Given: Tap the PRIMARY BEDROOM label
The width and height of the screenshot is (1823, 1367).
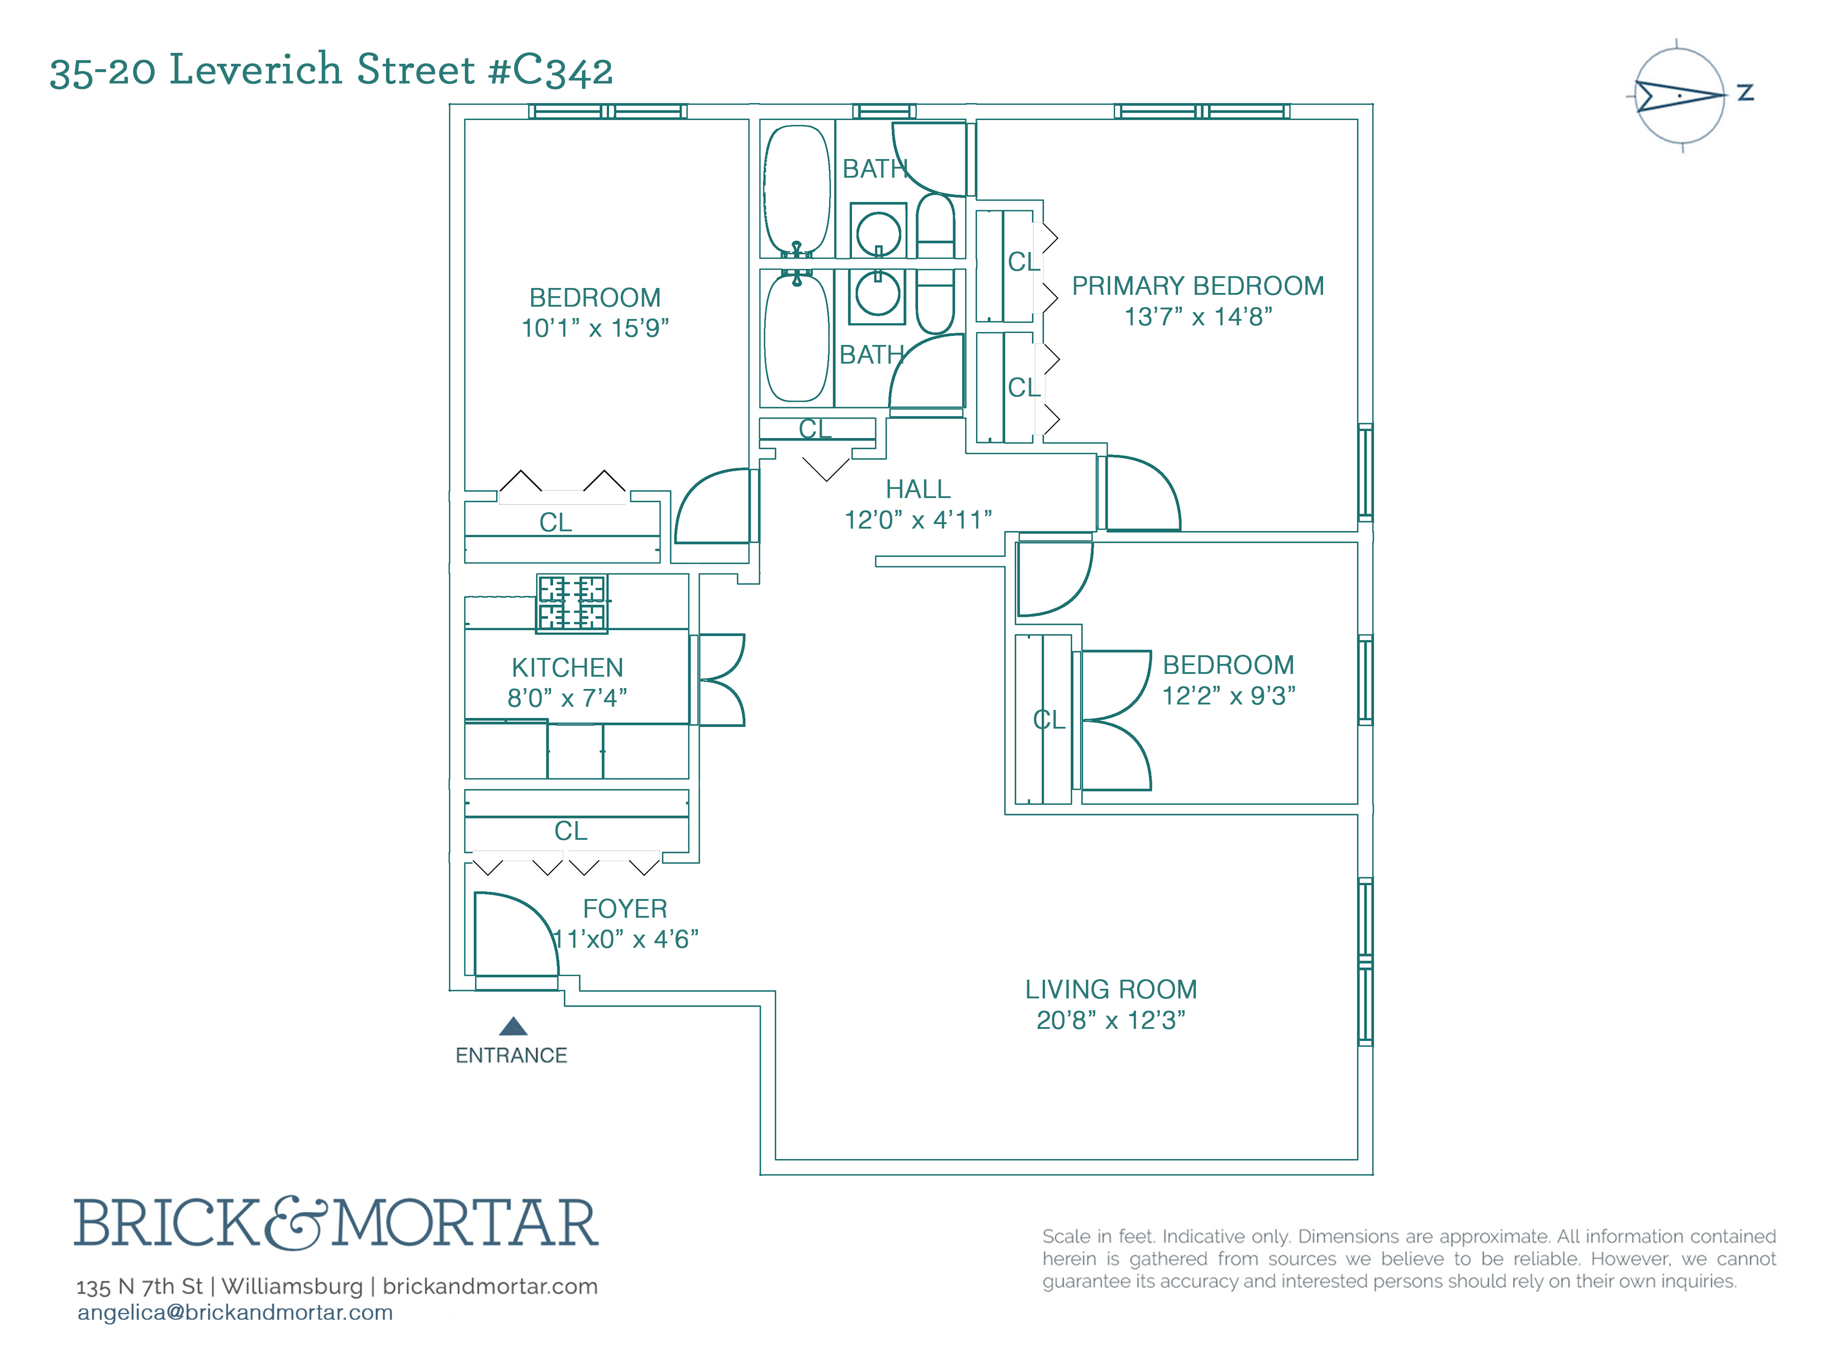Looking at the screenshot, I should click(x=1197, y=286).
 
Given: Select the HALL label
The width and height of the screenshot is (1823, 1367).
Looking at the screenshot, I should click(x=917, y=489).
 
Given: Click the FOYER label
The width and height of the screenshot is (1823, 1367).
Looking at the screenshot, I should click(x=625, y=909).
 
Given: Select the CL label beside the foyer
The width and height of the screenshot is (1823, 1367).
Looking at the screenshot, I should click(x=570, y=831).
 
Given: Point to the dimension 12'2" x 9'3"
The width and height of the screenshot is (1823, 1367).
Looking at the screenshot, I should click(x=1228, y=695).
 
